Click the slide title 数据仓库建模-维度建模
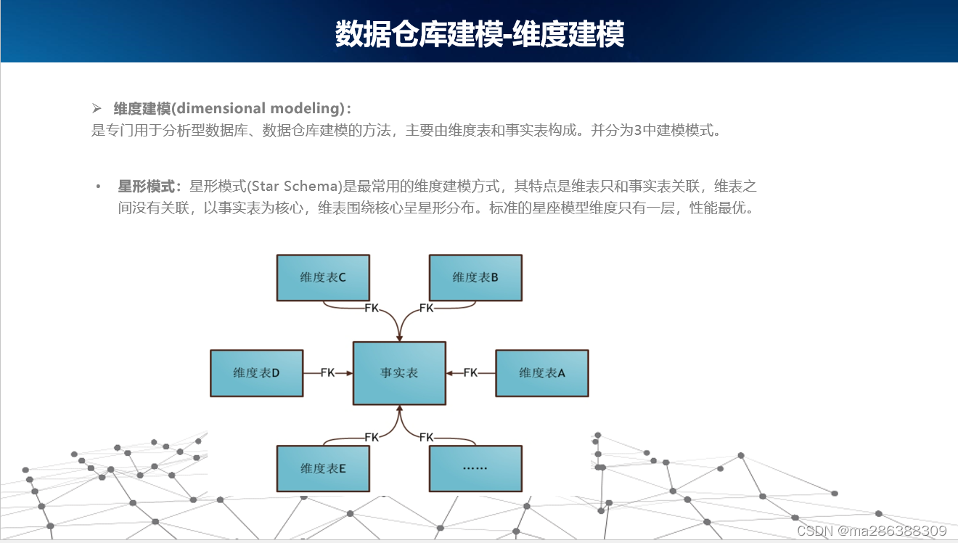tap(479, 33)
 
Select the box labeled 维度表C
tap(323, 277)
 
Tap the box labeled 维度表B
tap(475, 277)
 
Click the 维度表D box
tap(256, 373)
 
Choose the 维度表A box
tap(541, 373)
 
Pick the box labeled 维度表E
tap(323, 469)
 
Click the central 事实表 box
tap(399, 373)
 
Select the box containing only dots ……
tap(475, 469)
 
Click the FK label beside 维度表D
tap(328, 373)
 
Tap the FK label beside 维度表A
tap(470, 373)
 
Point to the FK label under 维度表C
tap(372, 308)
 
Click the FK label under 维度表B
tap(426, 308)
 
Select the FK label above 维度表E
tap(372, 437)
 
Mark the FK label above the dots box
tap(426, 437)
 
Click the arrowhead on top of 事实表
tap(399, 338)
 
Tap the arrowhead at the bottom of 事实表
tap(399, 409)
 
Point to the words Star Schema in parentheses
tap(295, 187)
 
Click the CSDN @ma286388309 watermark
tap(872, 531)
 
